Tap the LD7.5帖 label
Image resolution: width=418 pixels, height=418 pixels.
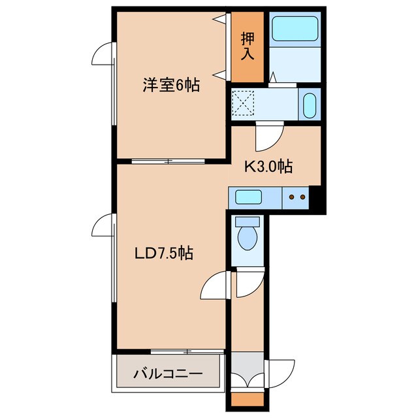163,253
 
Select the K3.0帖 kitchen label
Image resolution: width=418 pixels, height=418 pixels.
268,167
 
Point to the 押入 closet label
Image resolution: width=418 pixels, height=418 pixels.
246,46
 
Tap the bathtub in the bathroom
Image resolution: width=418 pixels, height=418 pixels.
294,29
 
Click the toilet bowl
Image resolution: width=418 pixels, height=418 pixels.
248,236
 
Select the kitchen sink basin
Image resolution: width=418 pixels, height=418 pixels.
249,197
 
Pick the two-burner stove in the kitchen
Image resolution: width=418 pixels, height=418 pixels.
297,197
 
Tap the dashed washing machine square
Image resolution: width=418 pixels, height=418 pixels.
244,103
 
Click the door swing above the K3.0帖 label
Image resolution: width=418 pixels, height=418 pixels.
268,135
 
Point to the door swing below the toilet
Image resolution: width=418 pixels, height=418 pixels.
247,281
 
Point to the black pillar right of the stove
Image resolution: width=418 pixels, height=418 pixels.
317,199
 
